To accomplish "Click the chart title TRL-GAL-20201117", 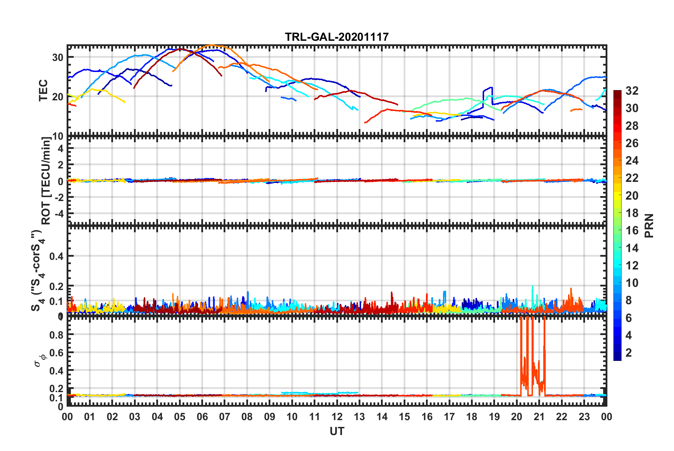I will point(337,37).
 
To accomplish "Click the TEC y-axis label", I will point(43,91).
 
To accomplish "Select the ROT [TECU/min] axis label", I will point(46,181).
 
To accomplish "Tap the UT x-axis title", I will point(337,431).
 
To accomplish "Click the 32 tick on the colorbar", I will point(632,91).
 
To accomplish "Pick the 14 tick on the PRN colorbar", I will point(632,248).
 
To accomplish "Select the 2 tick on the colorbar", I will point(629,353).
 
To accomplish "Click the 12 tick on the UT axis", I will point(337,417).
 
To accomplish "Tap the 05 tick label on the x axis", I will point(180,417).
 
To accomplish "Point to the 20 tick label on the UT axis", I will point(517,417).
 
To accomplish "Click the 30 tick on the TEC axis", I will point(58,57).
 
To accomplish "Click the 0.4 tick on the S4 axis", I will point(56,256).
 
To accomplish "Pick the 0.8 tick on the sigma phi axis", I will point(56,335).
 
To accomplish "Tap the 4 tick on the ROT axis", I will point(61,149).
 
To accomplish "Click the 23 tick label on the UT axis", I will point(584,417).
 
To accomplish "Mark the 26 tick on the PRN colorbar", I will point(632,143).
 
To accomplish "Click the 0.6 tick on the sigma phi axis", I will point(56,353).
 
